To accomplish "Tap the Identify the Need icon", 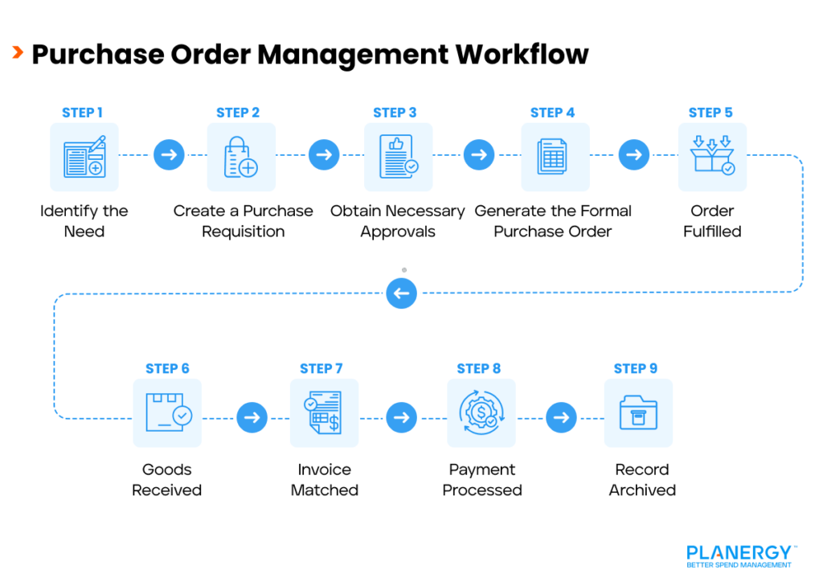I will point(84,157).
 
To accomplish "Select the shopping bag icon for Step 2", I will point(240,157).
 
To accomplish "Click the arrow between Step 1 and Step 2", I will point(169,154).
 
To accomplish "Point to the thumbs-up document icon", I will point(398,157).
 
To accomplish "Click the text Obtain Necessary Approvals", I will point(397,221).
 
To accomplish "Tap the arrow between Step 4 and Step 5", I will point(634,154).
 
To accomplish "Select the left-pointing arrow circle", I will point(401,293).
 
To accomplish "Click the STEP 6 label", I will point(167,368).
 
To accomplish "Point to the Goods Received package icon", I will point(167,413).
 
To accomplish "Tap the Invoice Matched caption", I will point(325,480).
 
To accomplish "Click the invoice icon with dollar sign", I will point(324,413).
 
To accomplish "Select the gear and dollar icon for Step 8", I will point(481,413).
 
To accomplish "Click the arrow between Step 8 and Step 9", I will point(561,417).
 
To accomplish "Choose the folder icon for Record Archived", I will point(638,413).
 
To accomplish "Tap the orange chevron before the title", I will point(17,53).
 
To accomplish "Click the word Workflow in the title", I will point(522,54).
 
